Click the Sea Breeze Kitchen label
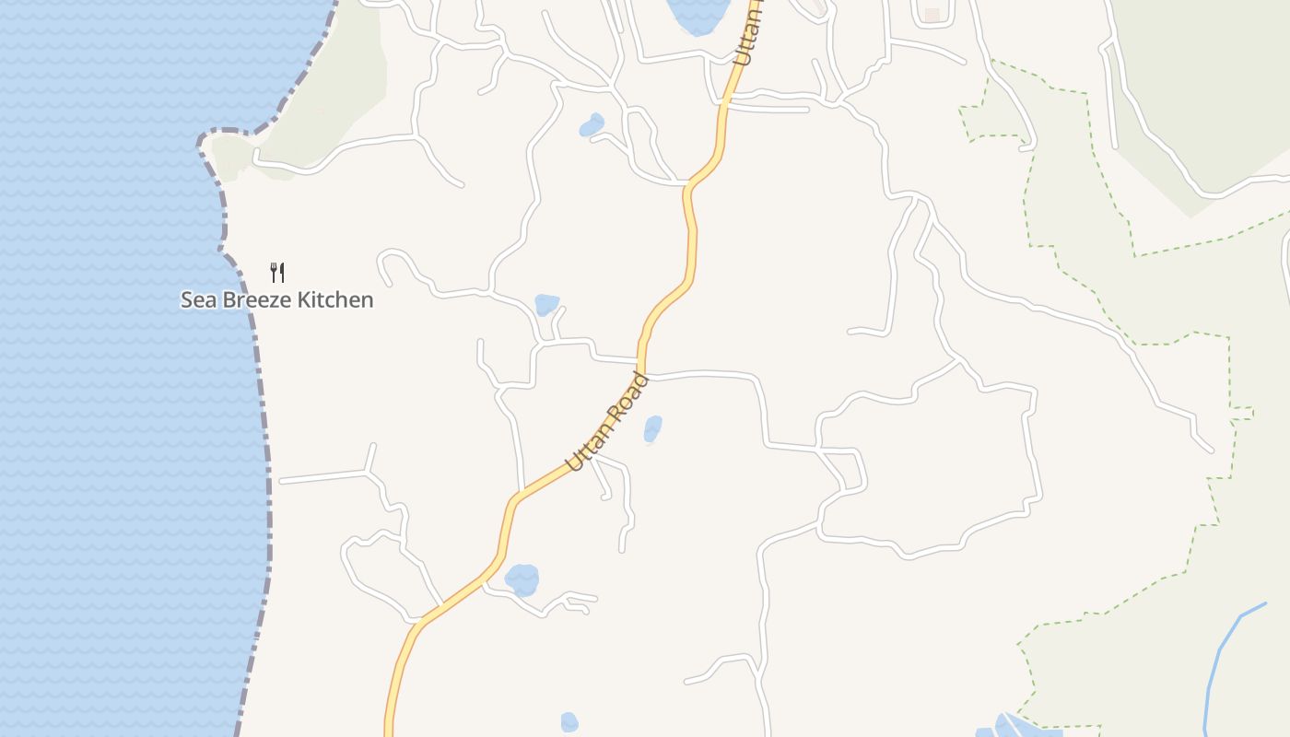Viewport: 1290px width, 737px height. tap(276, 299)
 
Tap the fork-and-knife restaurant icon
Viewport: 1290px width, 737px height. tap(276, 272)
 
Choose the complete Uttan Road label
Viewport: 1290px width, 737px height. tap(608, 422)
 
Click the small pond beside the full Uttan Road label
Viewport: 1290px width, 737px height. tap(652, 428)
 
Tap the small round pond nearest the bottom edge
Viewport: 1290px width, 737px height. tap(569, 722)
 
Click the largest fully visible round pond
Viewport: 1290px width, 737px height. tap(522, 579)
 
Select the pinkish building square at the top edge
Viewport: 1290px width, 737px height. tap(932, 15)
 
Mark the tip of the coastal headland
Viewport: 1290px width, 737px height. tap(201, 142)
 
